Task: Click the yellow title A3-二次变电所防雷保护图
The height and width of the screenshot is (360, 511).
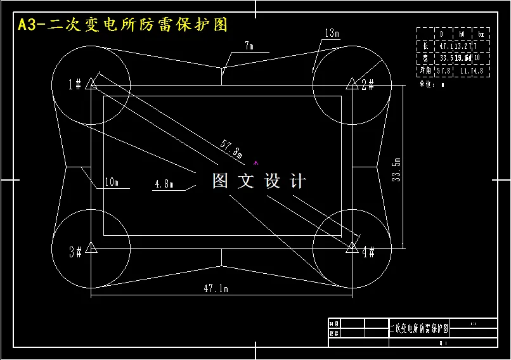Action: [x=123, y=25]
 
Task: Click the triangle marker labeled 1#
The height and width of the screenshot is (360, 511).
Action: [x=91, y=82]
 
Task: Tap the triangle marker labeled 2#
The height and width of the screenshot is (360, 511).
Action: [x=351, y=83]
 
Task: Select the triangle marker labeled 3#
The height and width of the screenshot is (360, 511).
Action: [x=91, y=247]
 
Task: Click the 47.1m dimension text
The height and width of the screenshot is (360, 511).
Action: [x=216, y=288]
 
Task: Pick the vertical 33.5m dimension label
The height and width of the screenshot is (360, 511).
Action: [x=397, y=169]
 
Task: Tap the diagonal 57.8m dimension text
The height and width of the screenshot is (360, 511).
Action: [x=231, y=149]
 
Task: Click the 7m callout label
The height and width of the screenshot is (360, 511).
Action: [x=249, y=46]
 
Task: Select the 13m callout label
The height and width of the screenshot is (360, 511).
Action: [x=332, y=33]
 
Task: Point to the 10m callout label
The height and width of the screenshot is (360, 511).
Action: [x=112, y=183]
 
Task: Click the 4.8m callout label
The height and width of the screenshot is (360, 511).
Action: [x=164, y=184]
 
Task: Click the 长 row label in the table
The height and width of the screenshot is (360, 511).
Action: [x=425, y=46]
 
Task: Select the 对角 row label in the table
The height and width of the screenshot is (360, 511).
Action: [x=425, y=71]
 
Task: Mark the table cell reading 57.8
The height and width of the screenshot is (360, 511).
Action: [x=444, y=71]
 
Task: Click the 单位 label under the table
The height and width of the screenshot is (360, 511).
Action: [x=427, y=84]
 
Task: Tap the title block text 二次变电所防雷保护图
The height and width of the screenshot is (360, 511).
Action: [x=418, y=328]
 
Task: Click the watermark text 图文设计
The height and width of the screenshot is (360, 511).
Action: [x=259, y=181]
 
